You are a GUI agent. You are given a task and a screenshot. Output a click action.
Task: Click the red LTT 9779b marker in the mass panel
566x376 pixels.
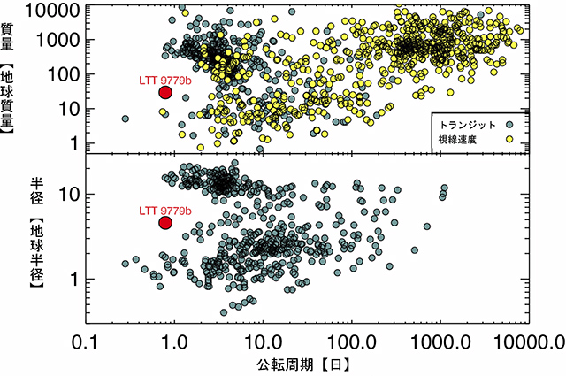coord(165,92)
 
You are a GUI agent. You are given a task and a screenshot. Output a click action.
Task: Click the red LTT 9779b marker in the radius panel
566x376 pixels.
coord(165,222)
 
